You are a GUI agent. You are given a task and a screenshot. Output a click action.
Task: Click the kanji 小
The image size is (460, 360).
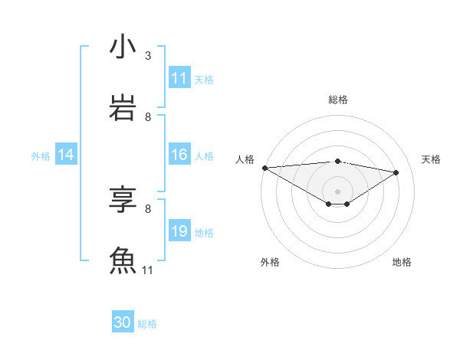123,47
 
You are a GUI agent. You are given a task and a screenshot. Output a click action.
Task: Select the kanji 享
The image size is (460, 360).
123,200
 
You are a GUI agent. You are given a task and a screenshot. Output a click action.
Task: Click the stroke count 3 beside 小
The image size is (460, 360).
148,56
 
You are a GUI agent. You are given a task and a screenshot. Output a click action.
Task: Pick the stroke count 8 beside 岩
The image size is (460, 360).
148,117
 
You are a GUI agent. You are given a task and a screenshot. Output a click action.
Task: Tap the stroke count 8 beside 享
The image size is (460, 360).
148,208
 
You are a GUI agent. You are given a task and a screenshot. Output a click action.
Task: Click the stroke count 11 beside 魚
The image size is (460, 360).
148,270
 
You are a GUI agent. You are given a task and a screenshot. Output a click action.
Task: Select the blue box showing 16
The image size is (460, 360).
179,155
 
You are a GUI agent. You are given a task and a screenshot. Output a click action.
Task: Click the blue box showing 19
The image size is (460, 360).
179,231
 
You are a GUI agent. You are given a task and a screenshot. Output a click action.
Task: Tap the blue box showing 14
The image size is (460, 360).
66,155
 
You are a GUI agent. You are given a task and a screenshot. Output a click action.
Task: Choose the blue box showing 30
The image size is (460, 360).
123,323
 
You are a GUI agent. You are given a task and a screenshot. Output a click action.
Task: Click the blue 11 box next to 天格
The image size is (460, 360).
179,78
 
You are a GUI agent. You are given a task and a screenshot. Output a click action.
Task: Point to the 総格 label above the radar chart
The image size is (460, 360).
337,100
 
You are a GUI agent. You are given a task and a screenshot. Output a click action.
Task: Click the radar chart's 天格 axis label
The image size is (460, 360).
431,159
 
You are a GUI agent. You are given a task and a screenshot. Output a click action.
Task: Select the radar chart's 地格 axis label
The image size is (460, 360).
402,262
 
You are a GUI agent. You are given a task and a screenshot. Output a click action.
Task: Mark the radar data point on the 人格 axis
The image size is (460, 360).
264,168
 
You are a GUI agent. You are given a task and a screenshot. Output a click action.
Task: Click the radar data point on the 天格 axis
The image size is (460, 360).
396,172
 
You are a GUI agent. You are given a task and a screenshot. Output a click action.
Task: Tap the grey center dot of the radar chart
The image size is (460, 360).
337,191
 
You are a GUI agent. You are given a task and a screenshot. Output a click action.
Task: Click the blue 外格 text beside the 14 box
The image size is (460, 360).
41,156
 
